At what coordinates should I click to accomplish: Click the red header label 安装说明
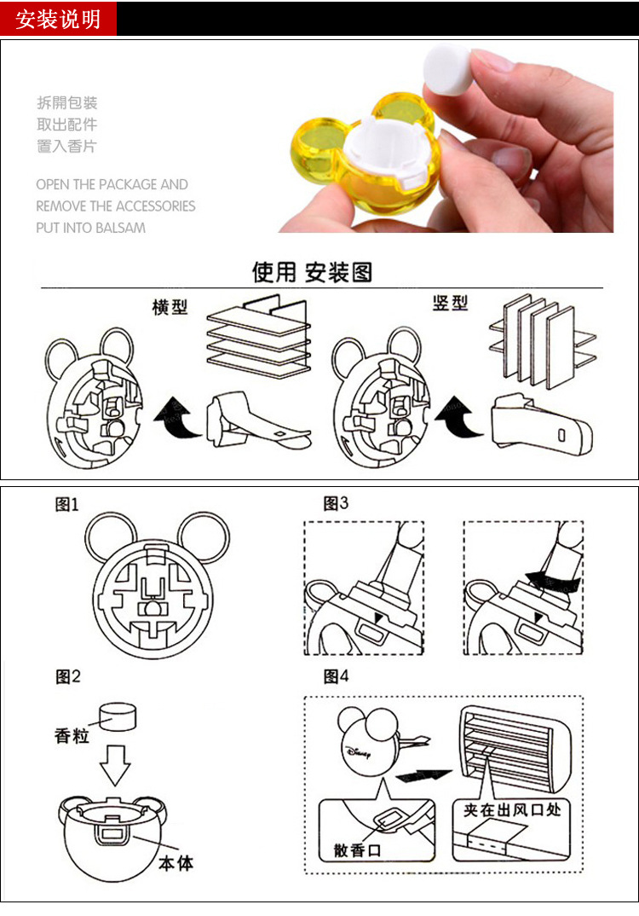pyautogui.click(x=58, y=20)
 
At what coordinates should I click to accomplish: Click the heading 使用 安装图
pyautogui.click(x=312, y=272)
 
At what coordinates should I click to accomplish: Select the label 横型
pyautogui.click(x=170, y=307)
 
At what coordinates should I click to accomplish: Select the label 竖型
pyautogui.click(x=450, y=303)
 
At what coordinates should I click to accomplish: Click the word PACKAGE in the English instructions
pyautogui.click(x=129, y=184)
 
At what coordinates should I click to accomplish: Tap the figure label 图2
pyautogui.click(x=67, y=676)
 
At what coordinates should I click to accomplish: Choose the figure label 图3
pyautogui.click(x=336, y=503)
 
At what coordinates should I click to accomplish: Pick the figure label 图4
pyautogui.click(x=336, y=676)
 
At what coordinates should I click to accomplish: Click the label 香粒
pyautogui.click(x=72, y=735)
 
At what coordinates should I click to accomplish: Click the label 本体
pyautogui.click(x=176, y=863)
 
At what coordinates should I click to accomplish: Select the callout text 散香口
pyautogui.click(x=357, y=850)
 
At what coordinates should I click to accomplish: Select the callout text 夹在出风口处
pyautogui.click(x=512, y=809)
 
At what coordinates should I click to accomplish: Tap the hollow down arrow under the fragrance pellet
pyautogui.click(x=115, y=764)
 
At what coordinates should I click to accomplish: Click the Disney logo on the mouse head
pyautogui.click(x=358, y=753)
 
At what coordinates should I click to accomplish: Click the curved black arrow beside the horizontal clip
pyautogui.click(x=177, y=418)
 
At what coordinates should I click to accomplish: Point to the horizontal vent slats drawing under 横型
pyautogui.click(x=259, y=336)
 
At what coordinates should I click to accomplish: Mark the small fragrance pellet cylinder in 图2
pyautogui.click(x=118, y=716)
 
